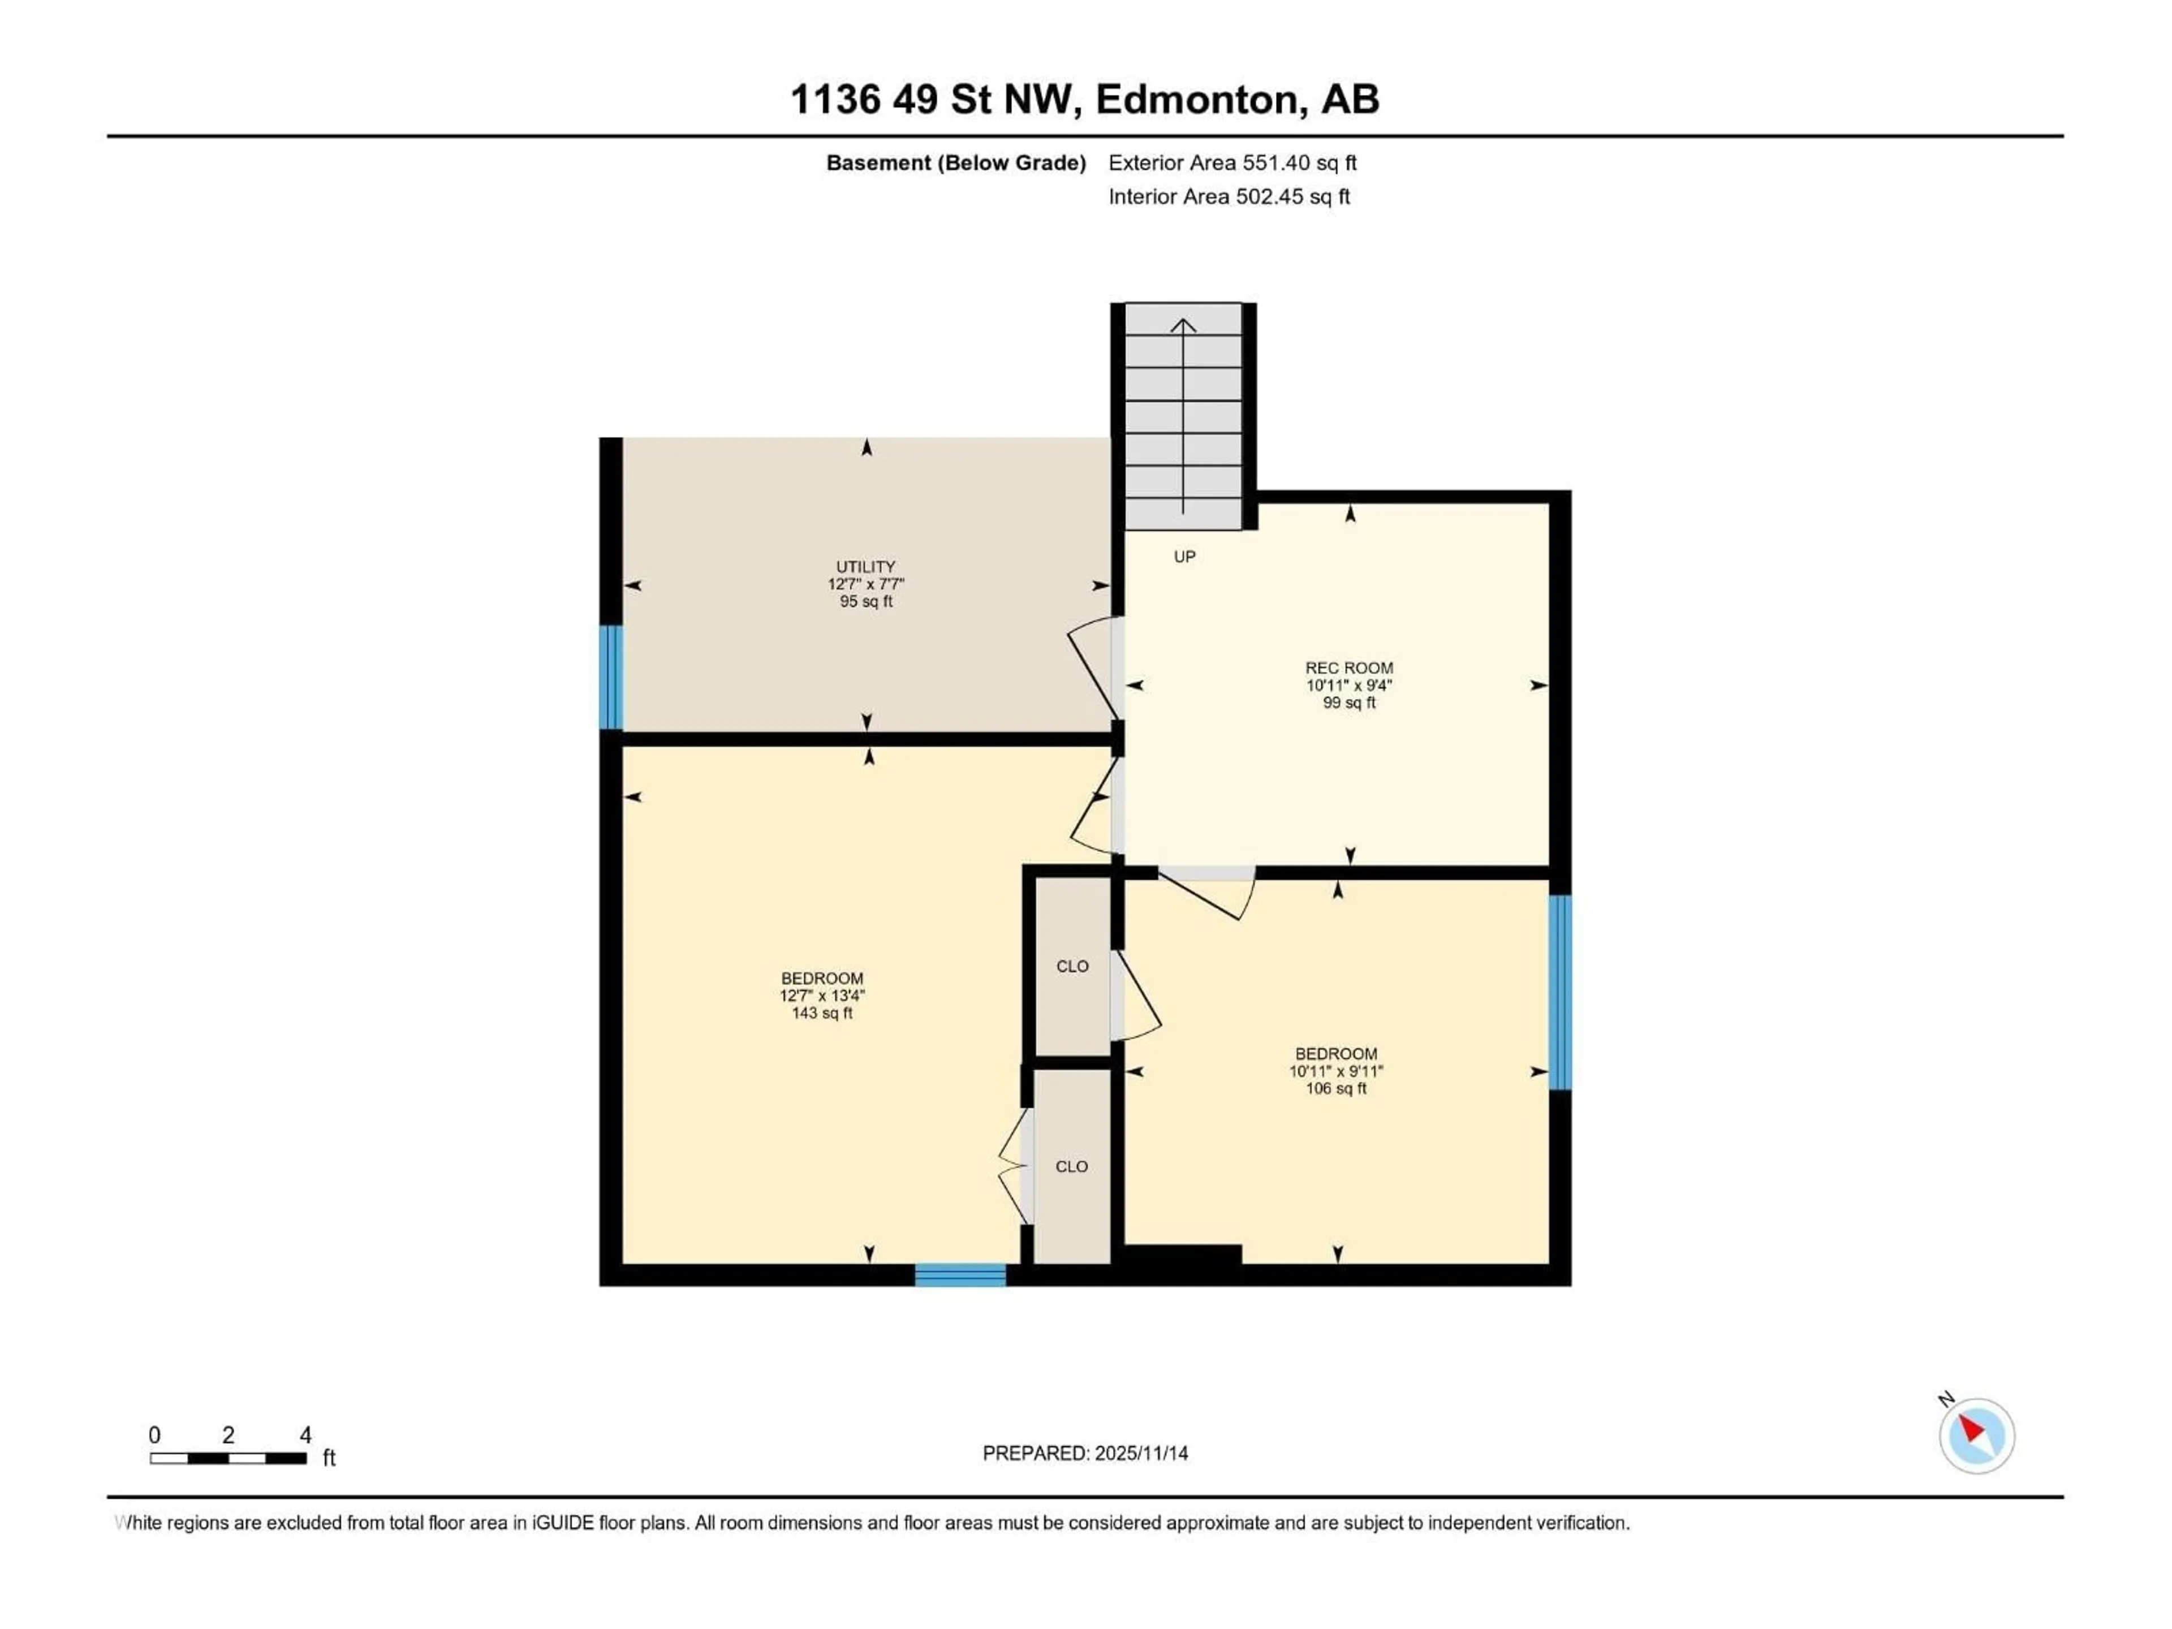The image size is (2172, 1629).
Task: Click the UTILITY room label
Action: point(865,567)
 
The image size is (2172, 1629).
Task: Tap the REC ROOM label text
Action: point(1348,667)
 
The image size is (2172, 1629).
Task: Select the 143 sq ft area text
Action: point(822,1012)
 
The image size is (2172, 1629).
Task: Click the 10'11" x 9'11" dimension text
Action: point(1335,1071)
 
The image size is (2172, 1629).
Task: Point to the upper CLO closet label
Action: point(1072,966)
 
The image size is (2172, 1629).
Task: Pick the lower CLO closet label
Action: point(1071,1166)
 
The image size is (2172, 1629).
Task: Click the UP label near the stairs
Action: point(1184,557)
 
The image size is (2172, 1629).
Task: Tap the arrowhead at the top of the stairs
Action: point(1183,325)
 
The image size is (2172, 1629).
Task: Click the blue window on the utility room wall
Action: point(611,678)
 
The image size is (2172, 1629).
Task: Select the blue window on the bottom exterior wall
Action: point(959,1274)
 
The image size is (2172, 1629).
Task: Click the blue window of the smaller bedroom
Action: point(1559,992)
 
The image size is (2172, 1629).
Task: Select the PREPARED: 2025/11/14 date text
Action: point(1085,1453)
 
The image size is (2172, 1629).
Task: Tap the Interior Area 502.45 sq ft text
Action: point(1229,196)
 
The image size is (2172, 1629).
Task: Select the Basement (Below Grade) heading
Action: point(955,163)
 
